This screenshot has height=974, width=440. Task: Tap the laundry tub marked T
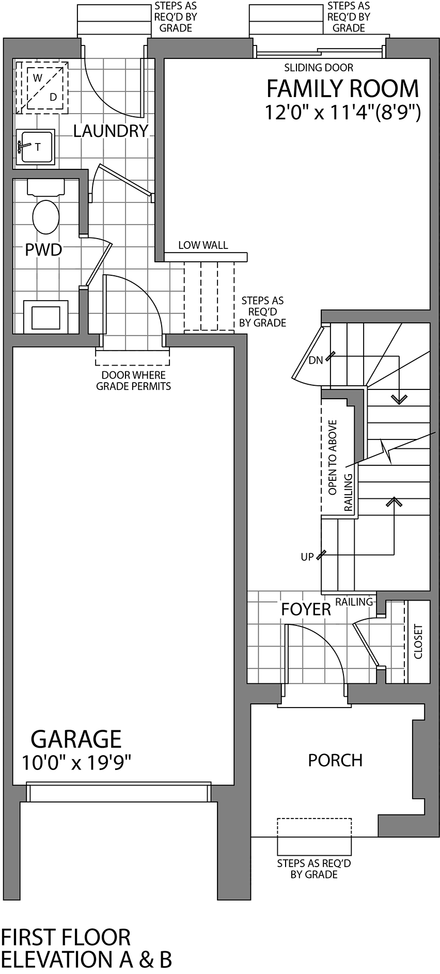pyautogui.click(x=36, y=147)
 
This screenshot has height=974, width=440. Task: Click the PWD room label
pyautogui.click(x=43, y=250)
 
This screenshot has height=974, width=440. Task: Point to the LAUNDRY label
pyautogui.click(x=111, y=131)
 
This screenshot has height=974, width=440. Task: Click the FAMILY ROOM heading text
pyautogui.click(x=342, y=89)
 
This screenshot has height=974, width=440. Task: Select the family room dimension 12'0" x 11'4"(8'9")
pyautogui.click(x=342, y=113)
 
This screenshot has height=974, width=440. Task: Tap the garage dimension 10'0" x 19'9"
pyautogui.click(x=76, y=762)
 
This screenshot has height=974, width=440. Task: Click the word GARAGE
pyautogui.click(x=76, y=739)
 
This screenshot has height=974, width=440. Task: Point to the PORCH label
pyautogui.click(x=335, y=760)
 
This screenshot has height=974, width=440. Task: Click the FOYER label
pyautogui.click(x=306, y=609)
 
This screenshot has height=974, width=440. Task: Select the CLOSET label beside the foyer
pyautogui.click(x=418, y=641)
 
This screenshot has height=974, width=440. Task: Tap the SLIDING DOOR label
pyautogui.click(x=319, y=68)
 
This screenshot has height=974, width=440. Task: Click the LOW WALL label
pyautogui.click(x=203, y=245)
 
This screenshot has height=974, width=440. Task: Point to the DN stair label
pyautogui.click(x=316, y=360)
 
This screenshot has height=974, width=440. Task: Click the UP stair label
pyautogui.click(x=307, y=557)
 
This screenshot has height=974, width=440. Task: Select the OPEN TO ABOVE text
pyautogui.click(x=333, y=457)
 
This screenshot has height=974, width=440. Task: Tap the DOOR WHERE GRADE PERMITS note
pyautogui.click(x=133, y=381)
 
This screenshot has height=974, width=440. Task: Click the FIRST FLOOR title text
pyautogui.click(x=66, y=937)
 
